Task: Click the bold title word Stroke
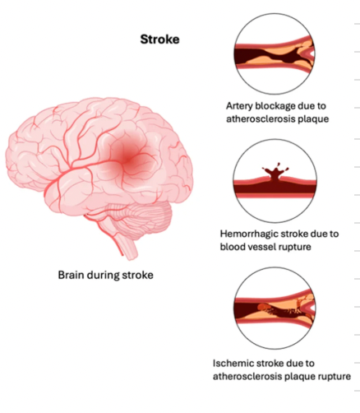click(x=159, y=39)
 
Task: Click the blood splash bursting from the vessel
click(x=275, y=171)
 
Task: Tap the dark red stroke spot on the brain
click(x=127, y=159)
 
